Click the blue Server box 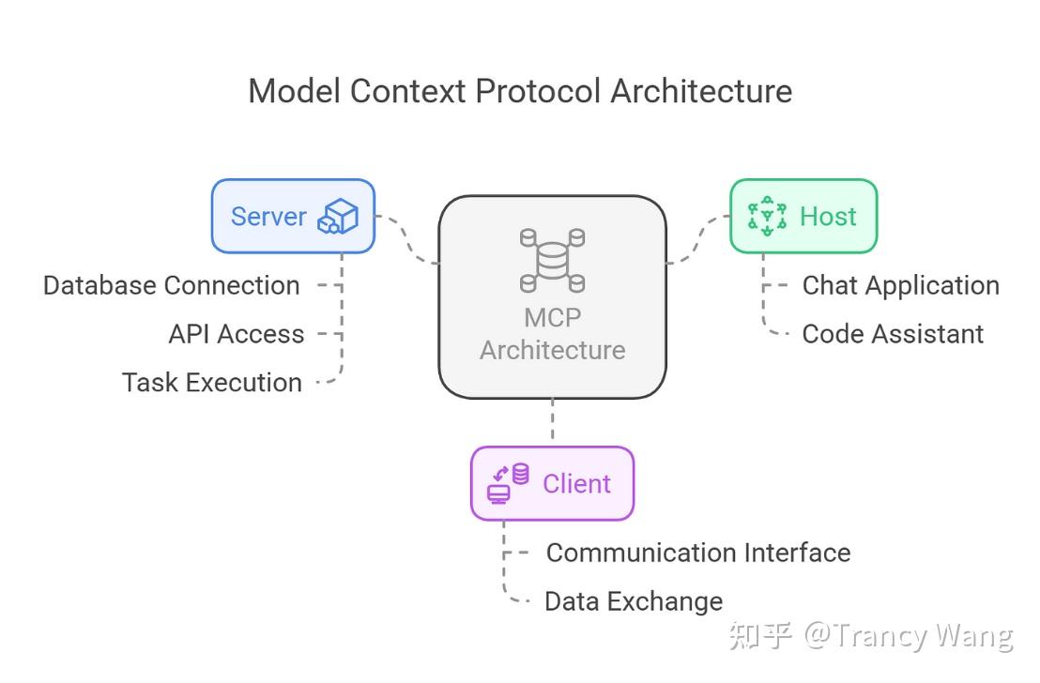point(292,217)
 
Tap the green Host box point(803,217)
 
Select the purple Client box point(552,484)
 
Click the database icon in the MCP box point(552,260)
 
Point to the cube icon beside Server point(338,217)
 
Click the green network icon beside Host point(767,215)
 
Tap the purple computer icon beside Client point(507,483)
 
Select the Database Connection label point(172,285)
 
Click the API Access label point(237,334)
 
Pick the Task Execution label point(212,383)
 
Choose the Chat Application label point(900,285)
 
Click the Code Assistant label point(893,334)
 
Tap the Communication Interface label point(698,553)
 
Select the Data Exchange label point(634,601)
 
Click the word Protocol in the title point(537,92)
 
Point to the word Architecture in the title point(701,92)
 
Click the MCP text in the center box point(552,317)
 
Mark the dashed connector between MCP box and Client point(552,420)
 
